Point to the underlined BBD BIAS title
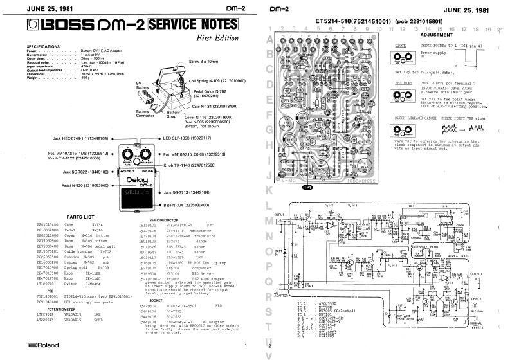(403, 83)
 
